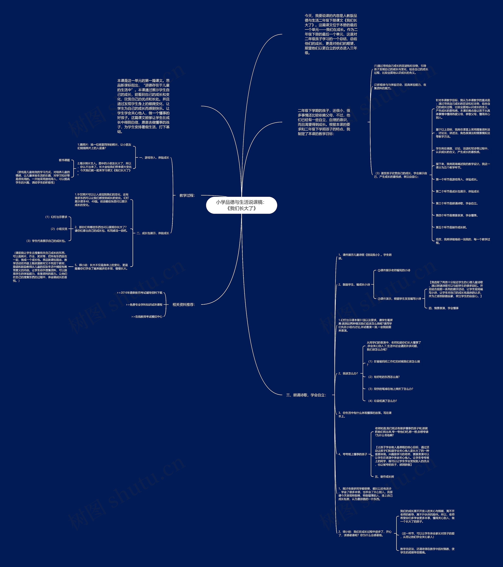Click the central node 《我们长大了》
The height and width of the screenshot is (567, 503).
pyautogui.click(x=241, y=205)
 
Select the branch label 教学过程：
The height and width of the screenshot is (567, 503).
pyautogui.click(x=187, y=195)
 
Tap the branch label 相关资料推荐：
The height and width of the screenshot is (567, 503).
pyautogui.click(x=184, y=305)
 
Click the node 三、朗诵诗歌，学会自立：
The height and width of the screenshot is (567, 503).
pyautogui.click(x=306, y=395)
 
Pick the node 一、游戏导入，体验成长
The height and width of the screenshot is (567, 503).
pyautogui.click(x=154, y=158)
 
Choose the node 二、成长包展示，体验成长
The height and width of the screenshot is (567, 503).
pyautogui.click(x=153, y=233)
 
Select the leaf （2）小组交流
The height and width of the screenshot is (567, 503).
pyautogui.click(x=59, y=229)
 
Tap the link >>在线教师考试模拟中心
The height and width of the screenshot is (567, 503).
pyautogui.click(x=147, y=317)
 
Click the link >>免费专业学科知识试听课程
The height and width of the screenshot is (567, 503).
pyautogui.click(x=144, y=305)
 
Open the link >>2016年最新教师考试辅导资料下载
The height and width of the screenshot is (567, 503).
pyautogui.click(x=140, y=293)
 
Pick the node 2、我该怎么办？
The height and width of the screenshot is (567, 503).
pyautogui.click(x=348, y=373)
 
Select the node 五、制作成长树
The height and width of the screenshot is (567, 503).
pyautogui.click(x=384, y=477)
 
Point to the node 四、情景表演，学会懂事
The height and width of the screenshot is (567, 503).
pyautogui.click(x=443, y=308)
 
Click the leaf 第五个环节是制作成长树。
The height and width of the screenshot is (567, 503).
pyautogui.click(x=451, y=227)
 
